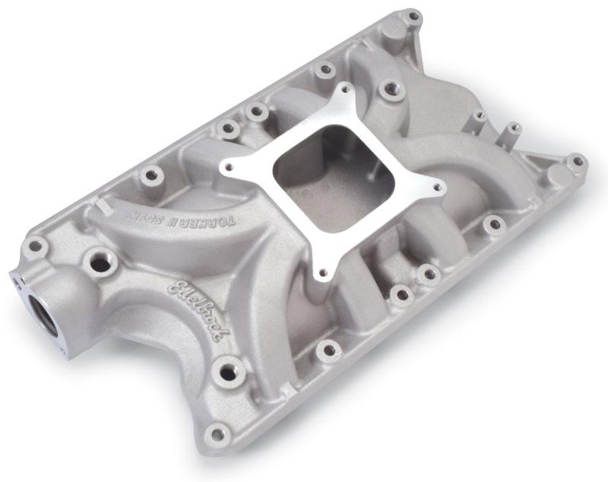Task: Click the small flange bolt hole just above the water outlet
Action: [33, 246]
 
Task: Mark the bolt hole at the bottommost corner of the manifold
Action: [218, 434]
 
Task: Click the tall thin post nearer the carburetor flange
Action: [479, 118]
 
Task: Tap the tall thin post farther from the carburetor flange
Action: [513, 128]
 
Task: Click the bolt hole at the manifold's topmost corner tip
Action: [412, 16]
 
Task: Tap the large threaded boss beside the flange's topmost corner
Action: [390, 90]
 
